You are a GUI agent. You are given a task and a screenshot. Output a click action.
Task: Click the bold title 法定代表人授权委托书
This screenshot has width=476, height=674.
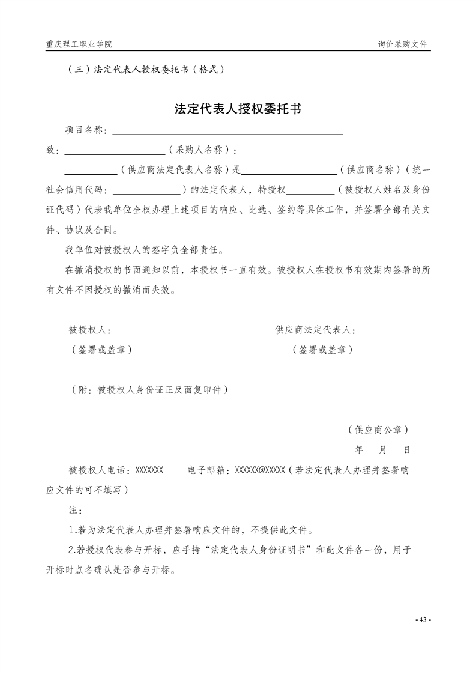tap(238, 109)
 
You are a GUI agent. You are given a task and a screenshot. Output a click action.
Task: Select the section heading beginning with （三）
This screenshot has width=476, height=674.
tap(148, 69)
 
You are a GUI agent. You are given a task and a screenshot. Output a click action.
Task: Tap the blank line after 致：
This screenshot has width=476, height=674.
tap(114, 150)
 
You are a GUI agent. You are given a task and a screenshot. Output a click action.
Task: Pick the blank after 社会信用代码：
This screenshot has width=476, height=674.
tap(146, 190)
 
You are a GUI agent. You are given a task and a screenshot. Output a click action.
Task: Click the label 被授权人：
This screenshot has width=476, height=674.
tap(89, 330)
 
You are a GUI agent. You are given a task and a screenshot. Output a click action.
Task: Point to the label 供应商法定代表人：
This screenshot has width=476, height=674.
tap(316, 330)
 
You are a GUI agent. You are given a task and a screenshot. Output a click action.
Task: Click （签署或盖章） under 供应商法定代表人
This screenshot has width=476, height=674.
tap(322, 350)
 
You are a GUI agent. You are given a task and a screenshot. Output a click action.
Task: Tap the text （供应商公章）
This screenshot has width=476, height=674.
tap(378, 430)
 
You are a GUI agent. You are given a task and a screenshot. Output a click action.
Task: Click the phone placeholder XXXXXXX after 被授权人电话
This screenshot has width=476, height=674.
tap(149, 470)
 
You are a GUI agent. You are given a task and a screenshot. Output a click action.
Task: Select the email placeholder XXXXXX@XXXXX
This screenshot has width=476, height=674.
tap(259, 470)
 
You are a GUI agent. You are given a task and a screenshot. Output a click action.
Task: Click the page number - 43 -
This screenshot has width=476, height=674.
tap(423, 619)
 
